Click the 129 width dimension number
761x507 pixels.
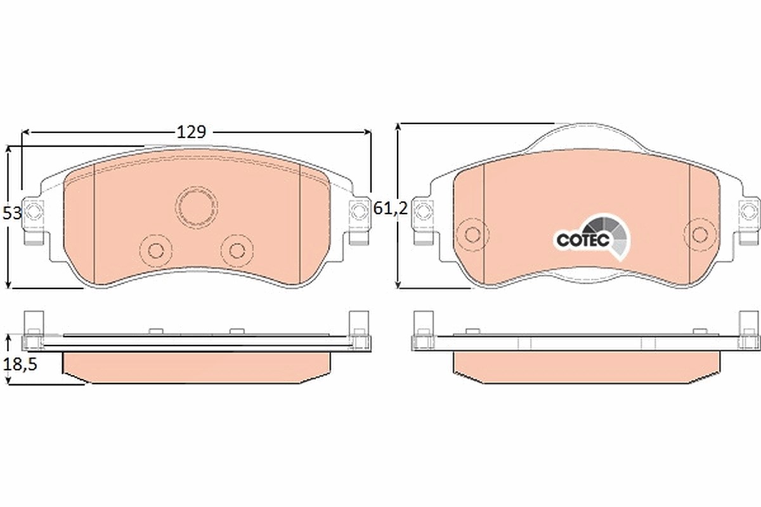pyautogui.click(x=192, y=132)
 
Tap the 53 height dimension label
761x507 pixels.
pyautogui.click(x=12, y=214)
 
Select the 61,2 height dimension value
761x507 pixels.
pyautogui.click(x=391, y=208)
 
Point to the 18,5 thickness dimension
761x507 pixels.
pyautogui.click(x=20, y=364)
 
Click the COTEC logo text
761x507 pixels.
pyautogui.click(x=583, y=240)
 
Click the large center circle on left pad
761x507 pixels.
pyautogui.click(x=197, y=207)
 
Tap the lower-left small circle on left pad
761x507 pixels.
pyautogui.click(x=156, y=250)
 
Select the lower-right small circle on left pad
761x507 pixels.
pyautogui.click(x=237, y=250)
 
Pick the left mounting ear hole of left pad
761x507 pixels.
pyautogui.click(x=33, y=211)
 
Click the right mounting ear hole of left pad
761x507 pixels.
pyautogui.click(x=358, y=211)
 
